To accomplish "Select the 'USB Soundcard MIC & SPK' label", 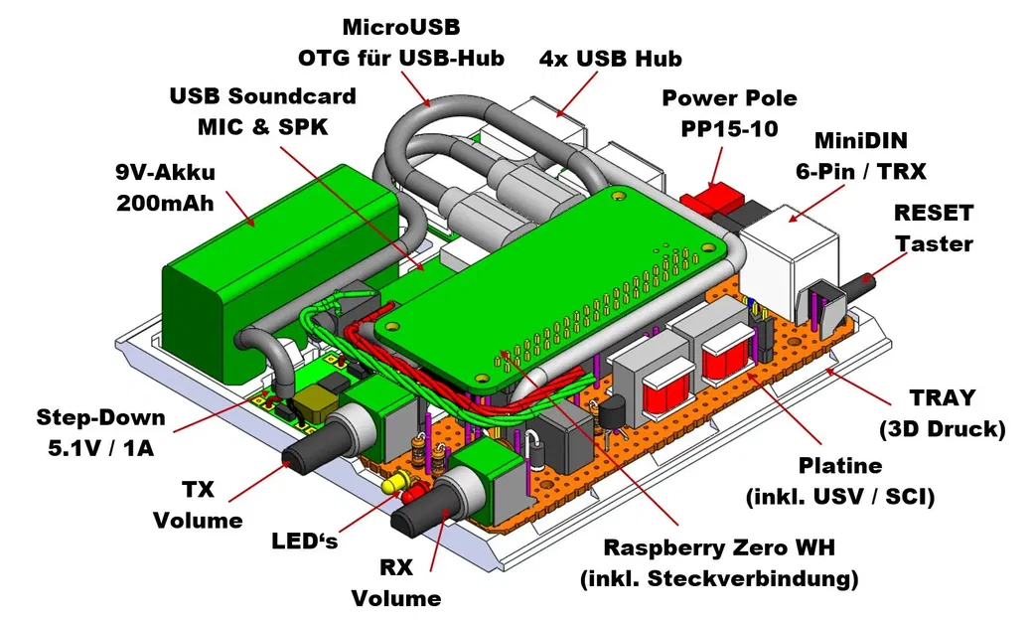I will click(x=262, y=112).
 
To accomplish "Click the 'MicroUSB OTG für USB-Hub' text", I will click(x=401, y=42).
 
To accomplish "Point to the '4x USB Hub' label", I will click(x=610, y=59).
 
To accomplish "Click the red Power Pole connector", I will click(x=714, y=198).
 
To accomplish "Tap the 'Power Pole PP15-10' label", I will click(x=729, y=113).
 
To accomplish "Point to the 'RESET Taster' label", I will click(x=934, y=228).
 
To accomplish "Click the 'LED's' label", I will click(x=304, y=542).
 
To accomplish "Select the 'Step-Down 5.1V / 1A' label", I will click(x=100, y=431).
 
